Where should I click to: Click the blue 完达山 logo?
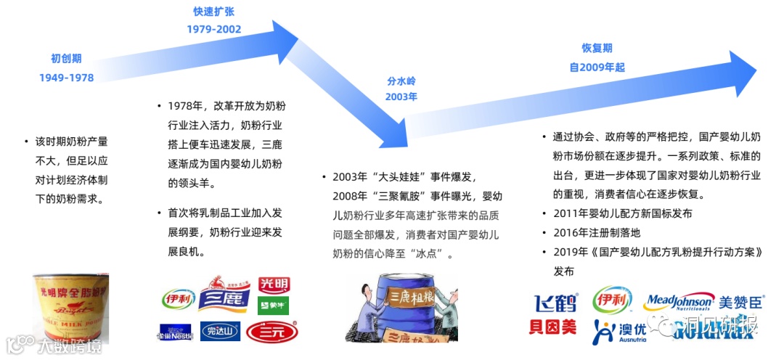point(219,332)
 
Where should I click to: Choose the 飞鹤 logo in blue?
point(556,303)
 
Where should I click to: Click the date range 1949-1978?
point(67,78)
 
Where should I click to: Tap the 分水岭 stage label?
point(401,81)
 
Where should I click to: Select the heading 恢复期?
point(597,48)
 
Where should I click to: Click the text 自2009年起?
point(597,67)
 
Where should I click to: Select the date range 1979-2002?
point(213,30)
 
